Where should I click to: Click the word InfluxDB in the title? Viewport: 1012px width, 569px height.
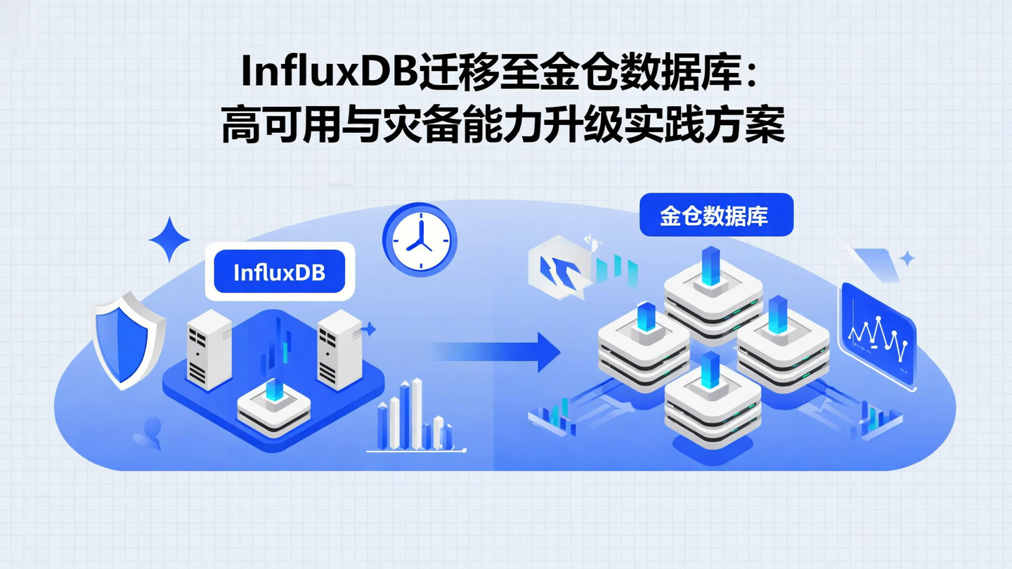click(328, 72)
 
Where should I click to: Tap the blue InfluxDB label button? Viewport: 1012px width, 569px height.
click(279, 272)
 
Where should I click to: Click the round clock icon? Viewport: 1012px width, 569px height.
click(420, 240)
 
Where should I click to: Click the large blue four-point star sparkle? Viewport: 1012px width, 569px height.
click(169, 240)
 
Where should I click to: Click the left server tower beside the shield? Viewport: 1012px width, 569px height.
click(209, 350)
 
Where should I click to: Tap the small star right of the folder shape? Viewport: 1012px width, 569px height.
click(908, 259)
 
